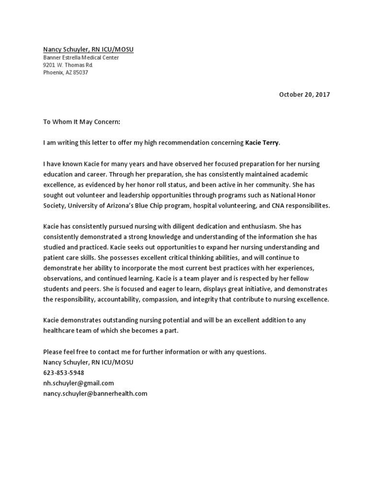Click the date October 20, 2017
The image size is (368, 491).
tap(304, 94)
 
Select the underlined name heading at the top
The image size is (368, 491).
tap(92, 49)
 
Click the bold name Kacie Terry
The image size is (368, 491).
tap(262, 142)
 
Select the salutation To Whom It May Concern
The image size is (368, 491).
tap(81, 122)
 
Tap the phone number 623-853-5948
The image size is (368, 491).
tap(63, 373)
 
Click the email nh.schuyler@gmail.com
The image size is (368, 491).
tap(79, 383)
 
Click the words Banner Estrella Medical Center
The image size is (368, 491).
tap(81, 58)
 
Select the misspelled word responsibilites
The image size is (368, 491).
tap(306, 205)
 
